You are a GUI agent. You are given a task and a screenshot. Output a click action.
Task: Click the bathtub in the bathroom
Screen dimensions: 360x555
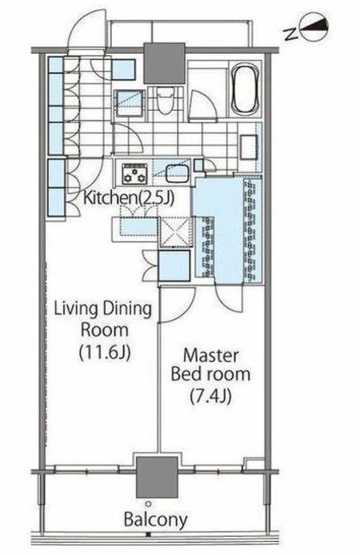245,89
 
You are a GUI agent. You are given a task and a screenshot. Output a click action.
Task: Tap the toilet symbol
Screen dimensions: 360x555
165,101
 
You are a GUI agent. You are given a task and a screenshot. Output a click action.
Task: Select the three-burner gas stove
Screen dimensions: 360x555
134,173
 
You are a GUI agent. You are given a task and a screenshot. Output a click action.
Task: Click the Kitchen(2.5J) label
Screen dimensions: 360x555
129,198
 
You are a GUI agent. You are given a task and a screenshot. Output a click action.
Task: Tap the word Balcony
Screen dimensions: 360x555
156,520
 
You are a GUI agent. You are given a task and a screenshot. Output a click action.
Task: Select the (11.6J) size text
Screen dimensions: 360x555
104,352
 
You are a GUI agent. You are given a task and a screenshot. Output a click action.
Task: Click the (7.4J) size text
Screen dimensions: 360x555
211,395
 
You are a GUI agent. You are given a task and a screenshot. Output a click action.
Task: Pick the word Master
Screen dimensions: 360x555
211,355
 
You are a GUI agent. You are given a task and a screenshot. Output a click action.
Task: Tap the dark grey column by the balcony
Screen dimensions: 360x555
157,477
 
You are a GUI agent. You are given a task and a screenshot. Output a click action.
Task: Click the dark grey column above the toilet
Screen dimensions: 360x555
165,63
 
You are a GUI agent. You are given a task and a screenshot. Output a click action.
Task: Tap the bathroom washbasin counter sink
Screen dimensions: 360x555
249,147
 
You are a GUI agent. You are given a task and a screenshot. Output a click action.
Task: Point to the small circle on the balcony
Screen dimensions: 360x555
148,504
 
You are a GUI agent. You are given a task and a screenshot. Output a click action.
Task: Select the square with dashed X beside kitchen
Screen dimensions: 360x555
175,232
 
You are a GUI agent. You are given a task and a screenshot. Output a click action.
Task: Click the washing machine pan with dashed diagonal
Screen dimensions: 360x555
130,102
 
